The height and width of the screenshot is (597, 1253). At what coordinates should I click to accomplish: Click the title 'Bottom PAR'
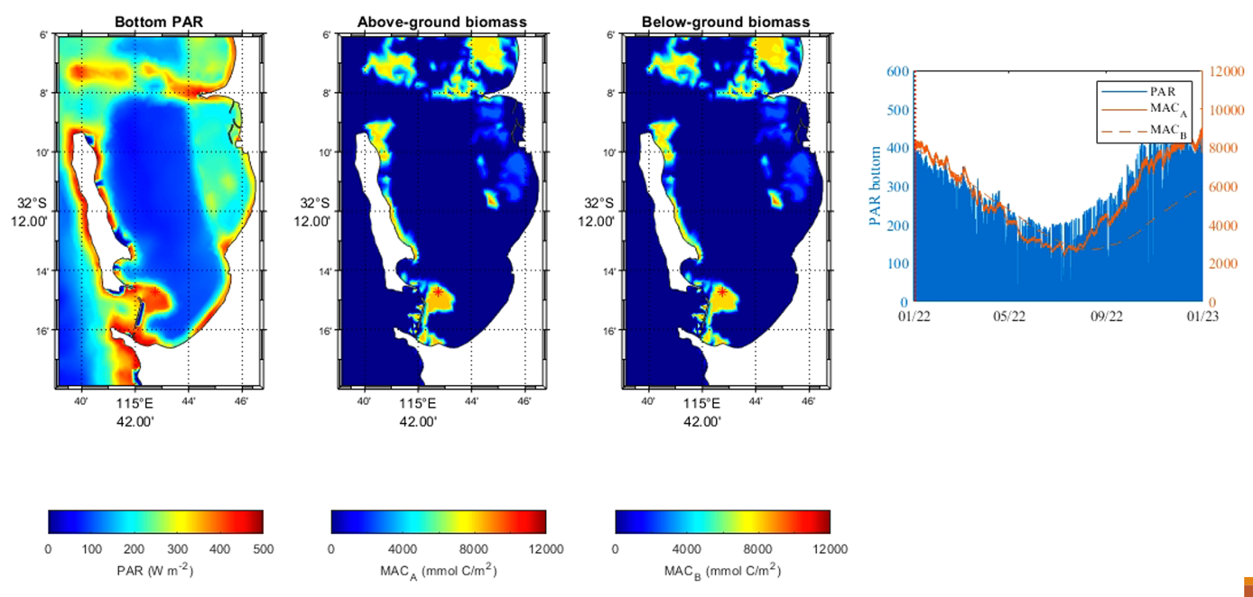[x=155, y=21]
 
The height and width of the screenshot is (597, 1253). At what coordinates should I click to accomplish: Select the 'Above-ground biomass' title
[x=440, y=21]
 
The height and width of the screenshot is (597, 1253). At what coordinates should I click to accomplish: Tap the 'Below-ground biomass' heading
[x=724, y=21]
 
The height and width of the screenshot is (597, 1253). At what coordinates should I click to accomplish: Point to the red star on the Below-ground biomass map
[x=722, y=292]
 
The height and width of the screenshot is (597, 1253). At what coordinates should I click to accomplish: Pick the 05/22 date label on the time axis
[x=1009, y=317]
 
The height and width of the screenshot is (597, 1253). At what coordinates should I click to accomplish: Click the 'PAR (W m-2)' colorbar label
[x=155, y=571]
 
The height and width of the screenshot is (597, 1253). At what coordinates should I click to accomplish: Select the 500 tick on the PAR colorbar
[x=262, y=547]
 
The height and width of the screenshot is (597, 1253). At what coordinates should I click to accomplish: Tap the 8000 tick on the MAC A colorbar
[x=474, y=547]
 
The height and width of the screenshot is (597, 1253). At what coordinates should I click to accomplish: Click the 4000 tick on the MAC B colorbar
[x=687, y=547]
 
